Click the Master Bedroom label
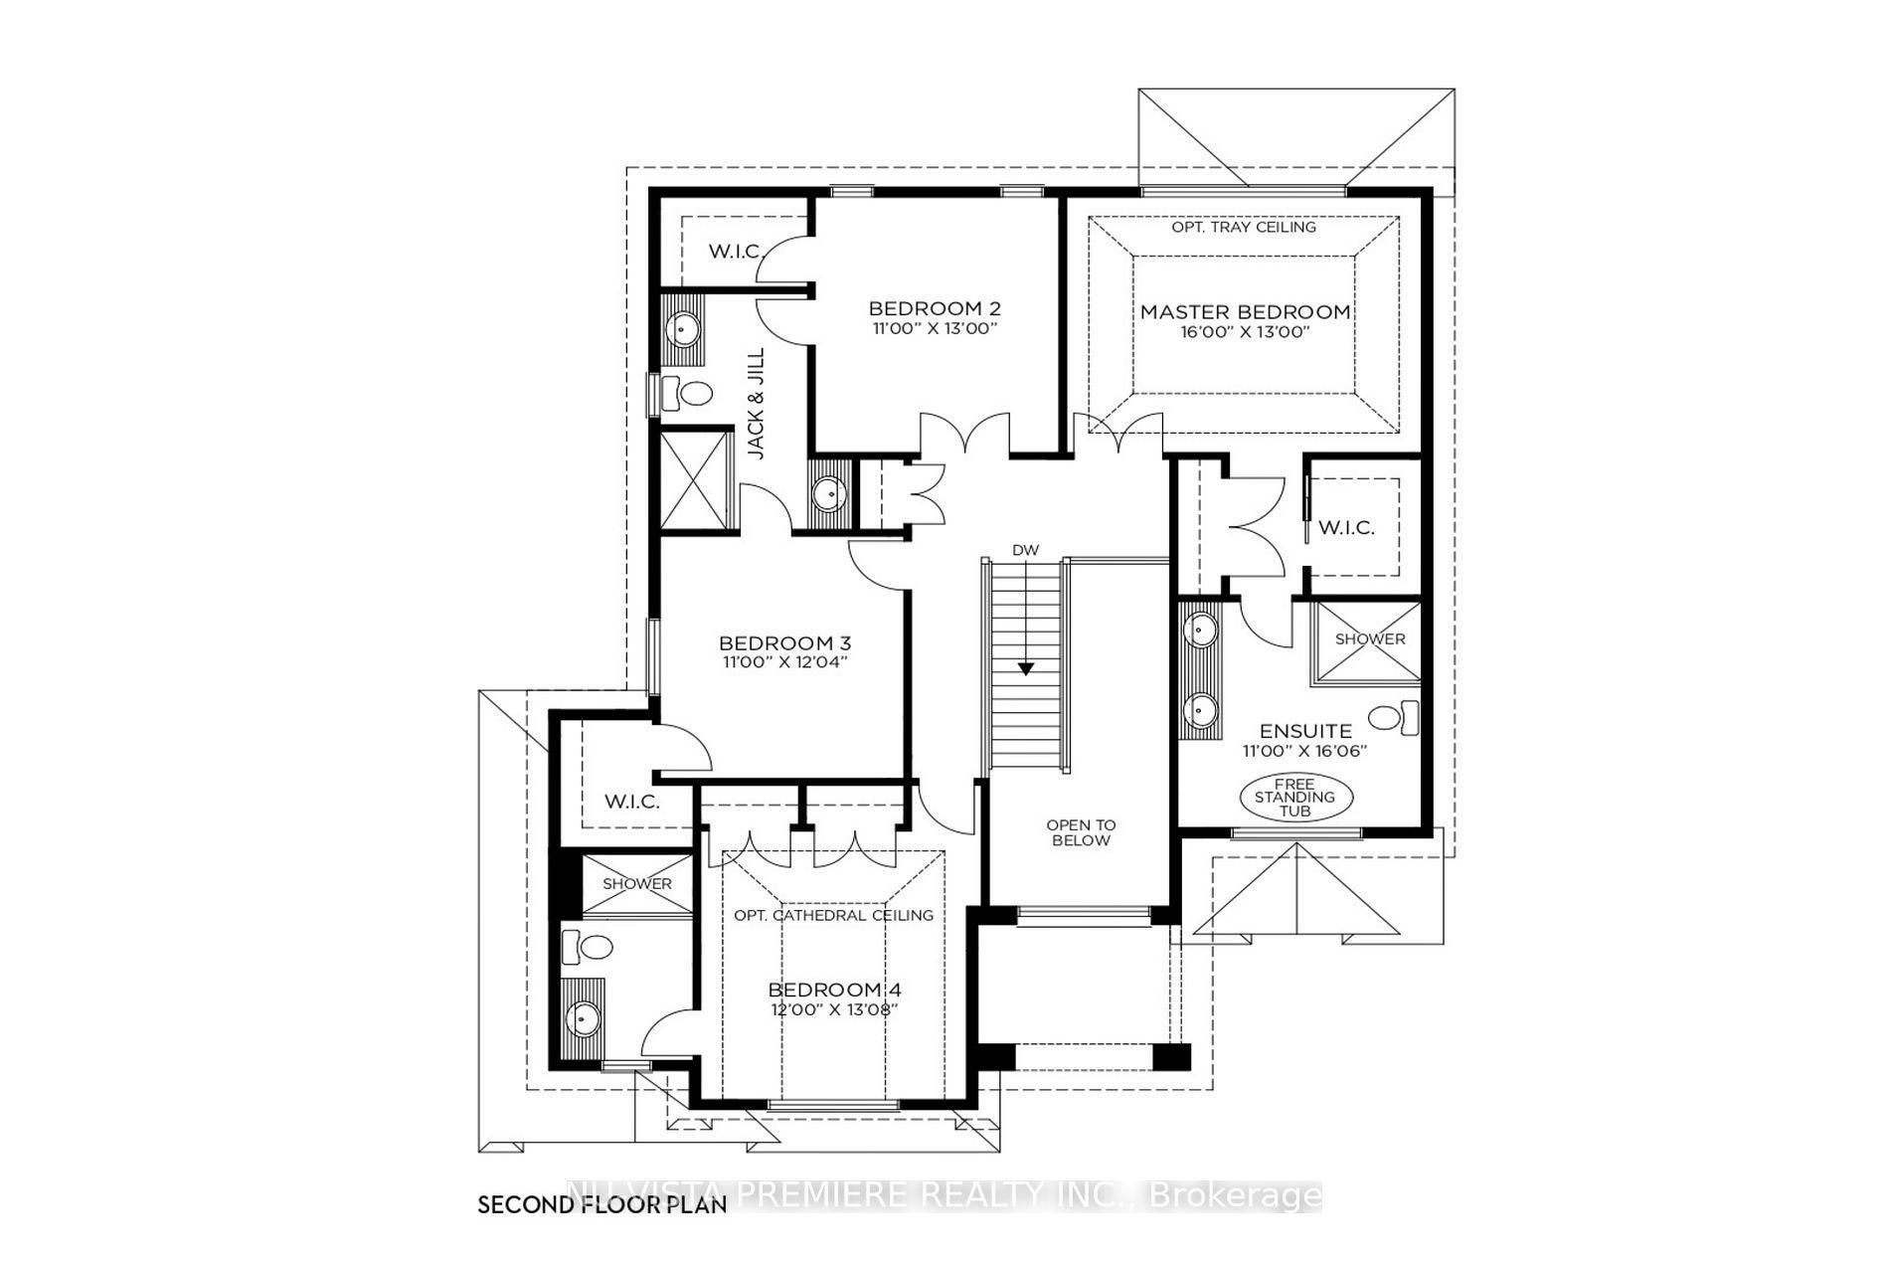[x=1245, y=311]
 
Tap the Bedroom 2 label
[x=935, y=308]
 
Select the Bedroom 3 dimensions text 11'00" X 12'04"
[x=785, y=661]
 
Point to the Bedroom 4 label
[x=835, y=991]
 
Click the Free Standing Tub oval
[x=1295, y=798]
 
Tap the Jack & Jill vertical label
[x=757, y=403]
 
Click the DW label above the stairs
[x=1024, y=550]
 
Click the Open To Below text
[x=1081, y=832]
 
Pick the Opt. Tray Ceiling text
[x=1244, y=227]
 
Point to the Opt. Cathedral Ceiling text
[x=834, y=915]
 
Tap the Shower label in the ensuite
[x=1370, y=639]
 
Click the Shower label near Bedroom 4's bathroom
[x=637, y=883]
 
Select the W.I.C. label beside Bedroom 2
[x=735, y=251]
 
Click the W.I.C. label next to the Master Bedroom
[x=1346, y=528]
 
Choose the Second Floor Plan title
[x=602, y=1205]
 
